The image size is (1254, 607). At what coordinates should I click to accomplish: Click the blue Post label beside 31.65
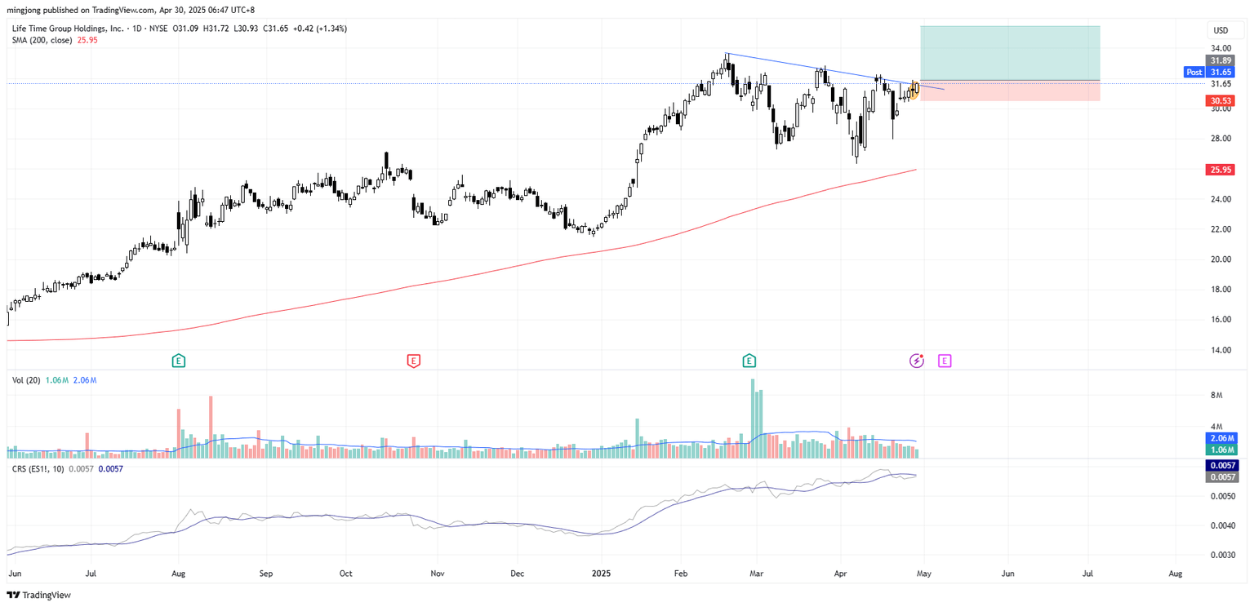pos(1194,72)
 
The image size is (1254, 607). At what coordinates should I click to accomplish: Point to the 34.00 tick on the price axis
pos(1221,47)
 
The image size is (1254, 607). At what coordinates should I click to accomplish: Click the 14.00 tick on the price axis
pos(1221,350)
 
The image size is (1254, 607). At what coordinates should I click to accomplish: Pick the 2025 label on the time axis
pos(601,574)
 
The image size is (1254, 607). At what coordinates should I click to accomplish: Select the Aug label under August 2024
pos(179,574)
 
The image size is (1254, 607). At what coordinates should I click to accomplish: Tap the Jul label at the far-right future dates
pos(1089,574)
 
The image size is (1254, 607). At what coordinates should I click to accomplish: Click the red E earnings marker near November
pos(414,360)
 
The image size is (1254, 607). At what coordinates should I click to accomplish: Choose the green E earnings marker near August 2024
pos(177,360)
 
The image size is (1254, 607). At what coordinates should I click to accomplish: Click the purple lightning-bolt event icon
pos(917,360)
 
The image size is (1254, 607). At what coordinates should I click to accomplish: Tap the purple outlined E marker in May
pos(945,360)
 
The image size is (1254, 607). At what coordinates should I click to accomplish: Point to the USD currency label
pos(1221,30)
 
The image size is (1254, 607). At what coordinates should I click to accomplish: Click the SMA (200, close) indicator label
pos(42,40)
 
